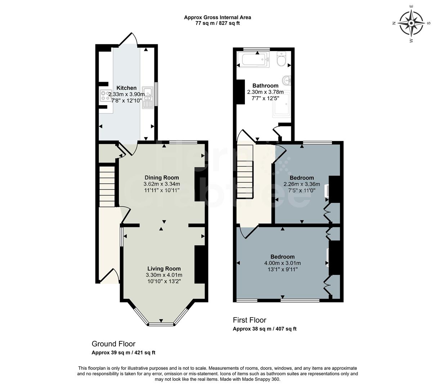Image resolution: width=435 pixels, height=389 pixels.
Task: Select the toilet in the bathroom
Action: [281, 59]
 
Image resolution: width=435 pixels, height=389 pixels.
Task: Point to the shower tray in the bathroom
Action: [282, 104]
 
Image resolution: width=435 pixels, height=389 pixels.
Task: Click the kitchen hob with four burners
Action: [106, 95]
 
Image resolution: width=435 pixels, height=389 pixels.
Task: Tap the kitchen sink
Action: [148, 97]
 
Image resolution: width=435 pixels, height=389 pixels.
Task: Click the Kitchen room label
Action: [126, 88]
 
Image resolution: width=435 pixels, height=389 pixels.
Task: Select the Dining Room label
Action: [162, 178]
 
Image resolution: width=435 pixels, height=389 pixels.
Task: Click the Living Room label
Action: [164, 269]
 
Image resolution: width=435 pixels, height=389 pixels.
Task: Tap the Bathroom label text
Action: [265, 86]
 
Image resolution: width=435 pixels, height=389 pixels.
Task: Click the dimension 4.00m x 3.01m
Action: [282, 263]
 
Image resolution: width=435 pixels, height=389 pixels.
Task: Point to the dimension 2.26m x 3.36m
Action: [301, 184]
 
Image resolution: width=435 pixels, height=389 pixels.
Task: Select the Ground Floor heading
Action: [113, 344]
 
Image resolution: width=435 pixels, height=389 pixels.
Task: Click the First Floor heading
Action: [250, 320]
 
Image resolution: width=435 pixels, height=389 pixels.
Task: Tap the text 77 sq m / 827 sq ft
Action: [217, 23]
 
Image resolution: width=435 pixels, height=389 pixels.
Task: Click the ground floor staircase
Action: [107, 186]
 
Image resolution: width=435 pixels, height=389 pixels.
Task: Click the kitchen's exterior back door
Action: [128, 39]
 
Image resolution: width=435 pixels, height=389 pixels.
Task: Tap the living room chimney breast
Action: [199, 264]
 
